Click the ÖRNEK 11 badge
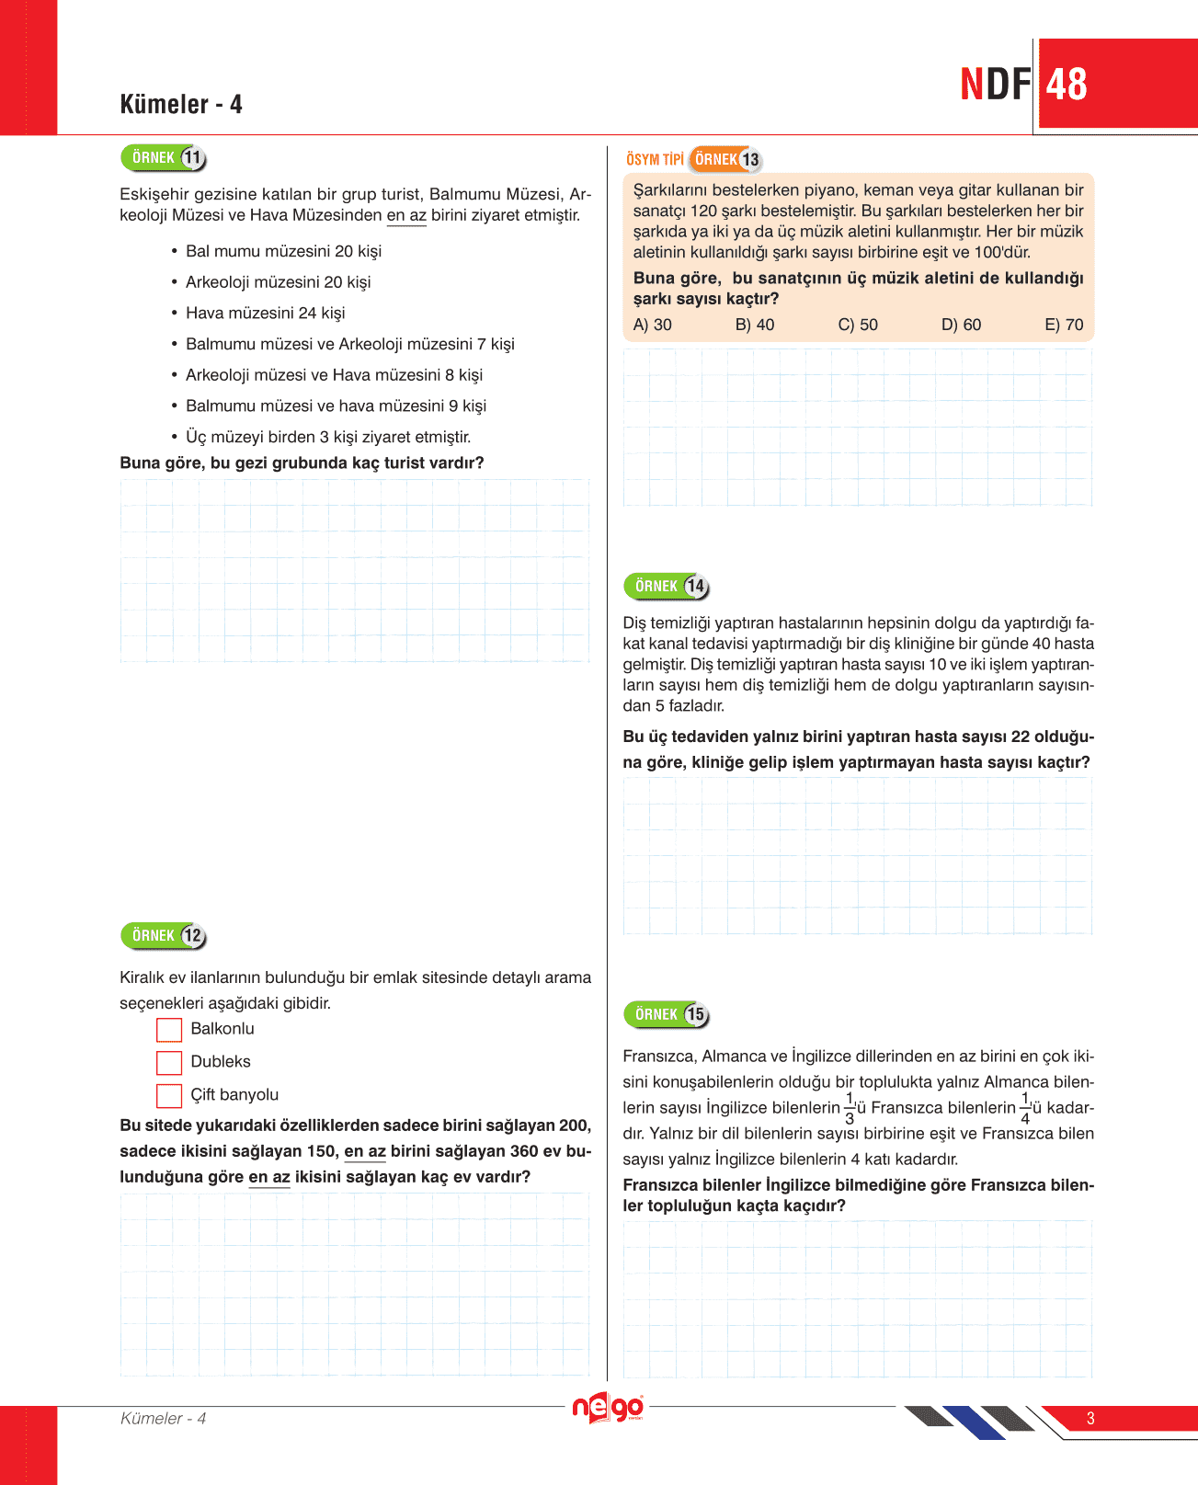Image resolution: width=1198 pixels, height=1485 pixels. [x=164, y=158]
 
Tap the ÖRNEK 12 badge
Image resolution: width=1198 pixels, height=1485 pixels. [x=164, y=936]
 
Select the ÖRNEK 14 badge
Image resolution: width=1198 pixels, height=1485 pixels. [x=667, y=587]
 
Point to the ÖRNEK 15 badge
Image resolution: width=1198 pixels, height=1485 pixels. [x=667, y=1015]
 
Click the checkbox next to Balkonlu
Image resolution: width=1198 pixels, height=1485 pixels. [x=169, y=1030]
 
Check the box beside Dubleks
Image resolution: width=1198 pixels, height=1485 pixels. [x=169, y=1063]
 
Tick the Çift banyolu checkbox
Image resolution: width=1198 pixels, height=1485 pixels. [x=169, y=1096]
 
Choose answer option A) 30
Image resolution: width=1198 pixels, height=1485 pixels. [x=653, y=326]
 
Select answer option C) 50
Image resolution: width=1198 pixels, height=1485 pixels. [x=858, y=326]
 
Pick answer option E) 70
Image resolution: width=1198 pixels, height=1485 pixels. [x=1064, y=326]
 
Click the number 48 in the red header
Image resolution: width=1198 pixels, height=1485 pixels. [x=1067, y=85]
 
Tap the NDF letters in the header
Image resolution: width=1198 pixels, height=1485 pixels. [x=996, y=85]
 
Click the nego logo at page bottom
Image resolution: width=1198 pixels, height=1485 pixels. [x=608, y=1409]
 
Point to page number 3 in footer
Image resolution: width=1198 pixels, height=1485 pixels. [x=1090, y=1419]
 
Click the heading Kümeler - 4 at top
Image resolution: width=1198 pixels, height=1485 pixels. [x=181, y=105]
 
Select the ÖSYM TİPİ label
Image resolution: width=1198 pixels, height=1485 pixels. [x=655, y=160]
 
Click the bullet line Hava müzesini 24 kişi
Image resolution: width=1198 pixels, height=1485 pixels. [x=265, y=314]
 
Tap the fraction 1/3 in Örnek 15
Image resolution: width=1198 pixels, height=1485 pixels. [x=850, y=1109]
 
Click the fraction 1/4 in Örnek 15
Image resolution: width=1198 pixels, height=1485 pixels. [x=1025, y=1109]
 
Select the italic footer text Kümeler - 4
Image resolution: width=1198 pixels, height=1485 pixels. [x=164, y=1419]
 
